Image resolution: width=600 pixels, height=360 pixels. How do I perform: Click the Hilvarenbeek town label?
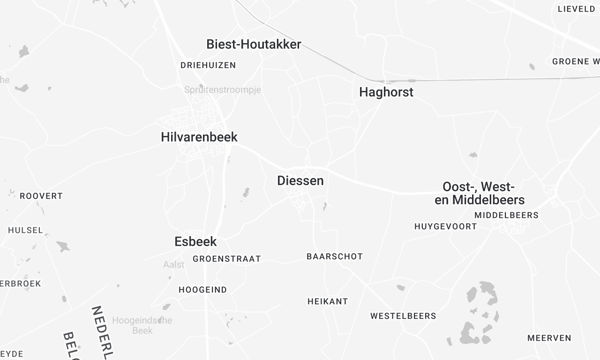pyautogui.click(x=199, y=137)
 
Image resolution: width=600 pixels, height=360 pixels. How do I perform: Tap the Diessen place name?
pyautogui.click(x=300, y=181)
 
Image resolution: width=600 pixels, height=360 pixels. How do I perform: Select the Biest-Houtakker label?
pyautogui.click(x=254, y=44)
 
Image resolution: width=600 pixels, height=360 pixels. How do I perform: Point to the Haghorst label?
pyautogui.click(x=386, y=92)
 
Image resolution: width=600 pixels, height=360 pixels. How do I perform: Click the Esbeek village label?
pyautogui.click(x=195, y=241)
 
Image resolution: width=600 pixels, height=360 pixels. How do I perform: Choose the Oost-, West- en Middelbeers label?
pyautogui.click(x=493, y=193)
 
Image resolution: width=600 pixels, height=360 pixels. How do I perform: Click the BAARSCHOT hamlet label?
pyautogui.click(x=334, y=257)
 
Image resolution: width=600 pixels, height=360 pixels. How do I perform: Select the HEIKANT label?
pyautogui.click(x=327, y=301)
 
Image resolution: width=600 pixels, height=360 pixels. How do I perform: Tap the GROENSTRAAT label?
pyautogui.click(x=226, y=258)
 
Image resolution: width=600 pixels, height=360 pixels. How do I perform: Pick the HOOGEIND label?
pyautogui.click(x=202, y=289)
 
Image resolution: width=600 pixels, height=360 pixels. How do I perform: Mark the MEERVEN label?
pyautogui.click(x=549, y=338)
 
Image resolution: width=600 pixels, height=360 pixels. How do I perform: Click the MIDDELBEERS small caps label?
pyautogui.click(x=506, y=215)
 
